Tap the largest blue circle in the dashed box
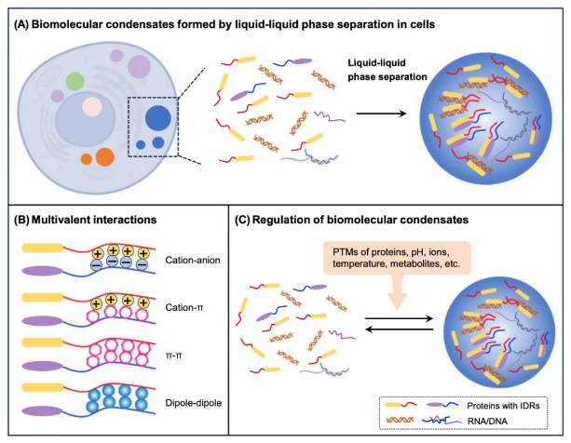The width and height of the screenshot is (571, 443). click(157, 118)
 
